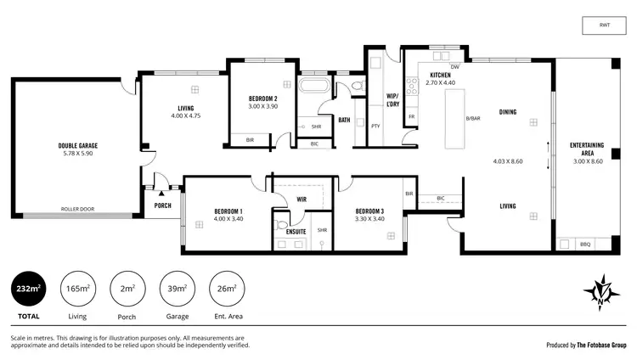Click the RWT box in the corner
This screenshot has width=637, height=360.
click(x=603, y=25)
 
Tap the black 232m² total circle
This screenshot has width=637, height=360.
click(x=28, y=290)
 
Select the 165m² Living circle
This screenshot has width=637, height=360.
click(x=77, y=290)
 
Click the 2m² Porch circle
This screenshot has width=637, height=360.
click(x=127, y=290)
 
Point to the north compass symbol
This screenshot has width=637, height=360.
click(x=601, y=293)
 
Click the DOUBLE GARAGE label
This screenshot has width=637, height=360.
click(x=76, y=145)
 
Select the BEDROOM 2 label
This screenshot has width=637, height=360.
click(x=262, y=98)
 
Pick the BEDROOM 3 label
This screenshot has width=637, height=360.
click(x=369, y=211)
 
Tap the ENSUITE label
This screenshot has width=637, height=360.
click(x=296, y=230)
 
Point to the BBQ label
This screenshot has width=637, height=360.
click(x=585, y=245)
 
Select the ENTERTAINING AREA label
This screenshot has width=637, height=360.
click(x=587, y=149)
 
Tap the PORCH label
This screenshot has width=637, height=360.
click(x=163, y=205)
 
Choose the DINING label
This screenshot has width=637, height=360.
click(x=508, y=111)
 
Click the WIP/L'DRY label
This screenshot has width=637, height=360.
click(x=392, y=99)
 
